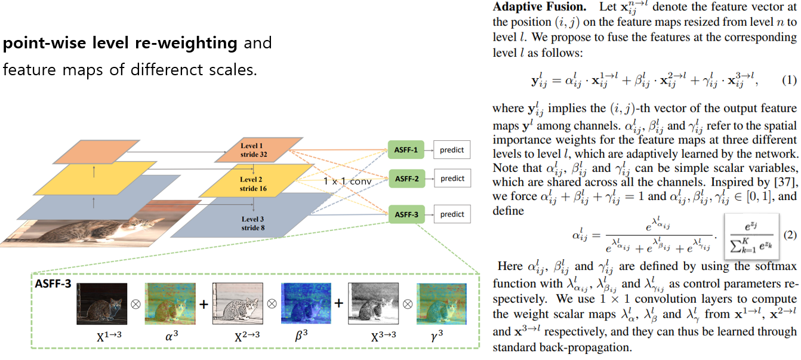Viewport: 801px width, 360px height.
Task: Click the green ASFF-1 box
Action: coord(406,150)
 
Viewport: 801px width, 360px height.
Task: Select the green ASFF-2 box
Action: coord(406,179)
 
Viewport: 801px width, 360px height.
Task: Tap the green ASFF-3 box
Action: coord(406,214)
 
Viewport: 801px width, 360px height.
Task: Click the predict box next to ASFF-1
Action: coord(452,150)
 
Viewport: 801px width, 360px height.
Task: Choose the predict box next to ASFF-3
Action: coord(452,214)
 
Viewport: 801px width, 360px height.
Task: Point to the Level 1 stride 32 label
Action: coord(253,150)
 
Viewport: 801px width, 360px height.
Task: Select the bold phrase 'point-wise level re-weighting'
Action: coord(120,43)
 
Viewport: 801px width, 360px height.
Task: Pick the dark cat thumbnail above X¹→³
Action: coord(101,303)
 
